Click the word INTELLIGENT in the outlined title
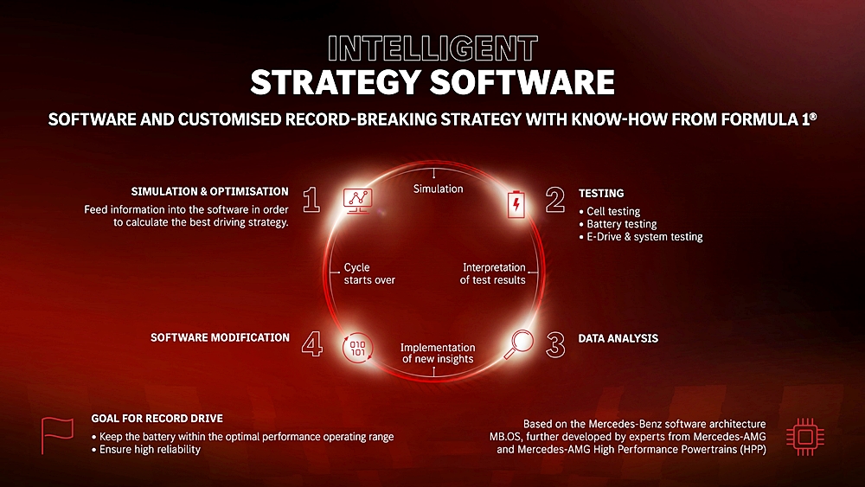[432, 48]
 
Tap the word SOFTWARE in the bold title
[522, 82]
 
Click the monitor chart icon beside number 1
[357, 200]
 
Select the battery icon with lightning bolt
[516, 205]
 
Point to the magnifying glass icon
[518, 344]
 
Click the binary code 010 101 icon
[357, 348]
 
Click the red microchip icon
[804, 437]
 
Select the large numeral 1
[311, 200]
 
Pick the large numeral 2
[555, 200]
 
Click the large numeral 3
[555, 344]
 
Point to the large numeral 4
[312, 344]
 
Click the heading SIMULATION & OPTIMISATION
[209, 191]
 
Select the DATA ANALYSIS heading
[618, 338]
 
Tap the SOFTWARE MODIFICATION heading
[220, 337]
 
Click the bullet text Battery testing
[622, 224]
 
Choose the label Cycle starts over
[369, 273]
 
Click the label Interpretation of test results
[493, 273]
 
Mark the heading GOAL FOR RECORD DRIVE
[157, 418]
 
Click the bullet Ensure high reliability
[150, 450]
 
